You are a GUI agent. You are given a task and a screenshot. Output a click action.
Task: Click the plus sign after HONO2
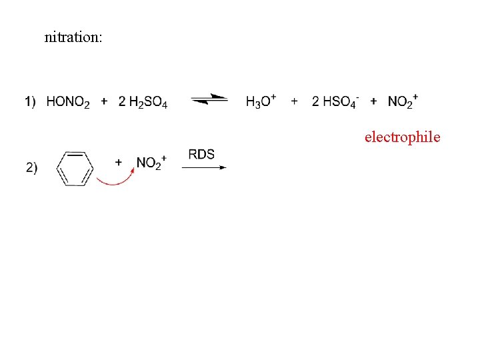click(x=104, y=101)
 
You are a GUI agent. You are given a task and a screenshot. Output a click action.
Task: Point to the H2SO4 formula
click(x=148, y=102)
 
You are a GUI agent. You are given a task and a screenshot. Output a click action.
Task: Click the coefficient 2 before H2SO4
click(x=121, y=101)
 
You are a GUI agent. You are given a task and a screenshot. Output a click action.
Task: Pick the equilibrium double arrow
click(x=209, y=101)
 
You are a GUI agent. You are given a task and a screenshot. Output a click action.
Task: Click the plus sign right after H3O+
click(x=294, y=101)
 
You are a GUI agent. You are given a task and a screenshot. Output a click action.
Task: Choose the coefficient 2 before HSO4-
click(x=315, y=101)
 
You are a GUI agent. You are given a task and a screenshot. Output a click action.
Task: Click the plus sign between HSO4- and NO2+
click(x=373, y=101)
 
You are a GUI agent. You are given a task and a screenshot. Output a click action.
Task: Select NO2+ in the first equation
click(x=403, y=101)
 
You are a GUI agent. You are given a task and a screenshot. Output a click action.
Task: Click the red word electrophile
click(x=402, y=137)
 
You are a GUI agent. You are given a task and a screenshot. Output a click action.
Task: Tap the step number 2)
click(x=32, y=168)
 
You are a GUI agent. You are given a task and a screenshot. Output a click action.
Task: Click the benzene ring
click(x=75, y=168)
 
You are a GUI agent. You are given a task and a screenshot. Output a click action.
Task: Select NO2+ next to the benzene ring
click(x=151, y=163)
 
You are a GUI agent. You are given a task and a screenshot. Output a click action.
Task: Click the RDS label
click(x=201, y=155)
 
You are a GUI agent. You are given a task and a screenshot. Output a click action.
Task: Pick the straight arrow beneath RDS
click(x=204, y=168)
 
